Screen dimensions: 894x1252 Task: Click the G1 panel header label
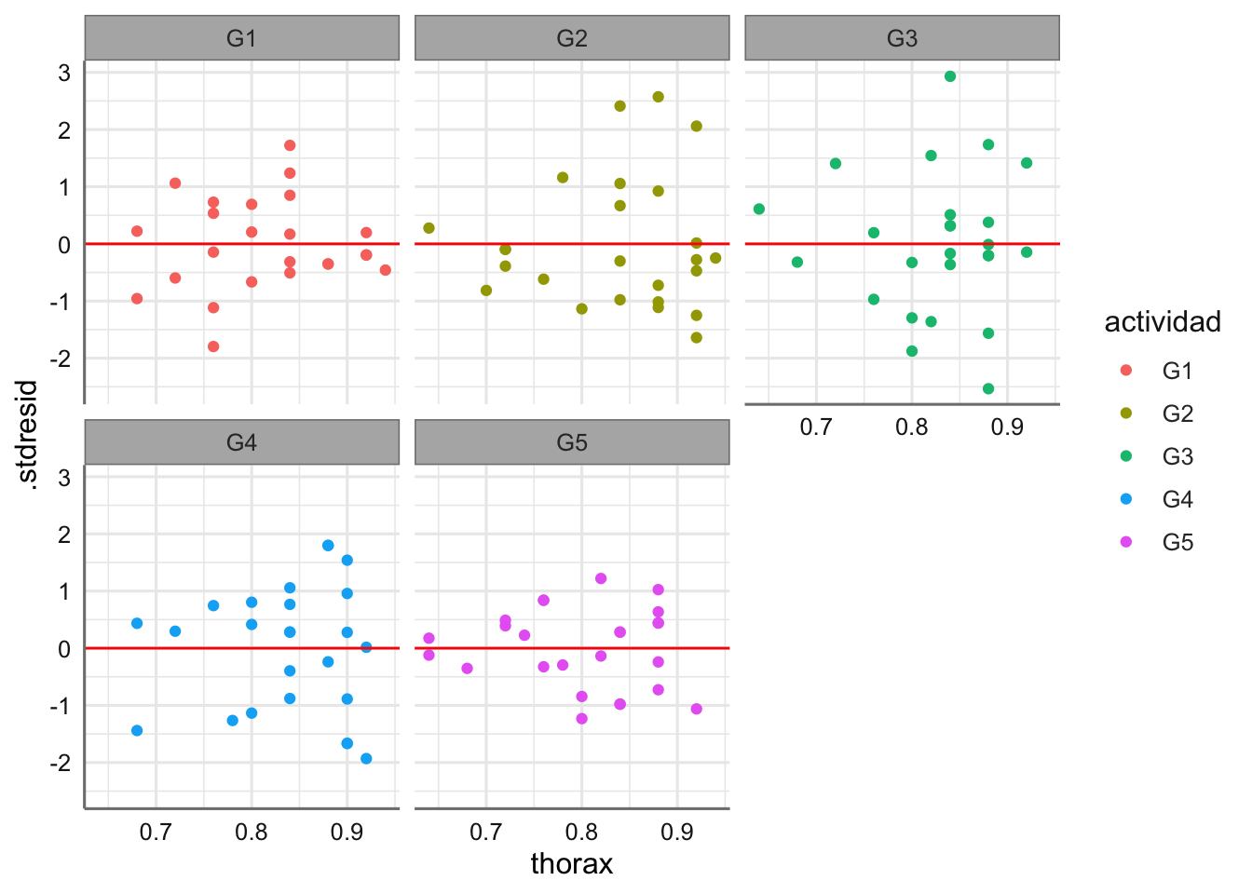[x=241, y=38]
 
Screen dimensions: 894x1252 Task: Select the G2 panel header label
[x=572, y=38]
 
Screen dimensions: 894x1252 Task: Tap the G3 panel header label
[x=902, y=38]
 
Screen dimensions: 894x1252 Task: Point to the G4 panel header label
[x=241, y=442]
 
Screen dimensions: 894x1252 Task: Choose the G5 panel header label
[x=572, y=442]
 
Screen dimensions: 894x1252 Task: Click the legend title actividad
[x=1162, y=322]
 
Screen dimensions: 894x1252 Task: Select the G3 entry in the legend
[x=1177, y=456]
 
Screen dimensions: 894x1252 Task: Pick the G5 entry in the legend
[x=1177, y=542]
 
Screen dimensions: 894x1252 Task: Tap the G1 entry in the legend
[x=1177, y=371]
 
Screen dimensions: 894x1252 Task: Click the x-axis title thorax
[x=571, y=864]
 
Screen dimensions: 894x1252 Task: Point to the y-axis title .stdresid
[x=29, y=434]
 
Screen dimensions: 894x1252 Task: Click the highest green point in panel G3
[x=950, y=76]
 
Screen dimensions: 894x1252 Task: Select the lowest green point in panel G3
[x=988, y=388]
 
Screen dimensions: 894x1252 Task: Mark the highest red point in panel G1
[x=290, y=145]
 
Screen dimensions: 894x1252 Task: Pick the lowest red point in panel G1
[x=213, y=346]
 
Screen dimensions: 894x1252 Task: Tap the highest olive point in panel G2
[x=658, y=97]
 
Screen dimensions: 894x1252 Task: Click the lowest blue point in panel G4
[x=366, y=759]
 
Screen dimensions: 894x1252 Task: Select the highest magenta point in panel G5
[x=601, y=578]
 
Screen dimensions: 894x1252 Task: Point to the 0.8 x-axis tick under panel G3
[x=912, y=427]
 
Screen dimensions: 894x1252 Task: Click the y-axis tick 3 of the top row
[x=64, y=73]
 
